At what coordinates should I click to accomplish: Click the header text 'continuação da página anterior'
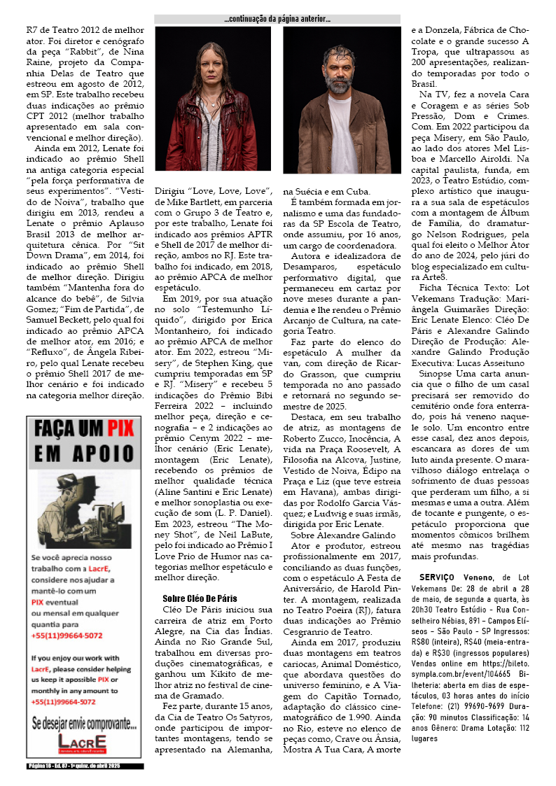click(x=277, y=19)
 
